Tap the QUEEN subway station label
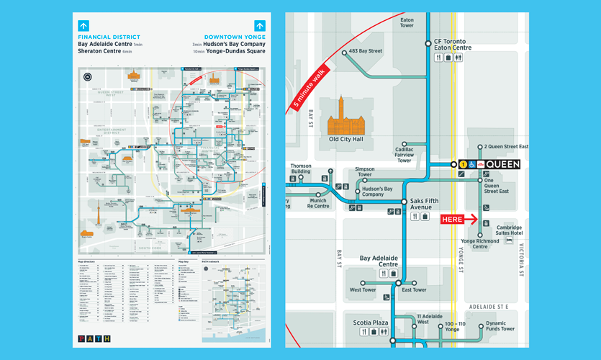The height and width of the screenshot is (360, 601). coord(502,164)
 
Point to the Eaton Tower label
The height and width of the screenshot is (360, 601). coord(407,22)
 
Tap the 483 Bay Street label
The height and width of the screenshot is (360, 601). coord(366,52)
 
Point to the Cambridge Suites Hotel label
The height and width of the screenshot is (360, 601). coord(510,231)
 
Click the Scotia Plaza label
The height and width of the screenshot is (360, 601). coord(371,323)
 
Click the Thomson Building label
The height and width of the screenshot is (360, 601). coord(301,168)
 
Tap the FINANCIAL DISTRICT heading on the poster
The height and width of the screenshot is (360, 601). coord(109,37)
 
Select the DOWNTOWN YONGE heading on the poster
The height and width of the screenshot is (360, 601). coord(234,37)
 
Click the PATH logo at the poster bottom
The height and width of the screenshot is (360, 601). coord(94,338)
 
